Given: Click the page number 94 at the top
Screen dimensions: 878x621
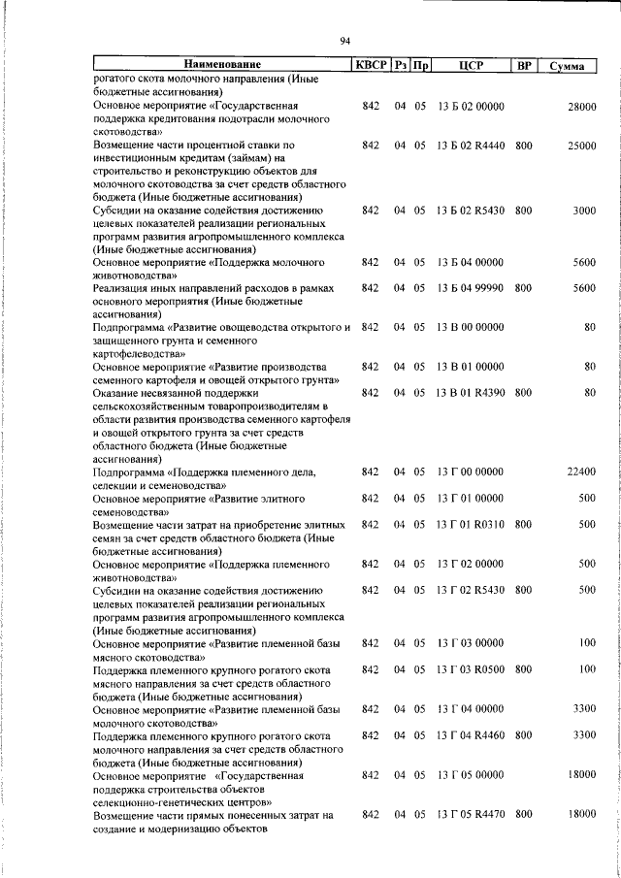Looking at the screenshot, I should pyautogui.click(x=344, y=40).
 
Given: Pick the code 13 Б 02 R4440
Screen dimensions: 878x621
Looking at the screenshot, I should pyautogui.click(x=471, y=145).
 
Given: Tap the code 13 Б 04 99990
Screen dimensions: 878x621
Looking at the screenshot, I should pyautogui.click(x=471, y=288).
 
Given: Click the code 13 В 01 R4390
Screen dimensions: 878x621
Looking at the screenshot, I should pyautogui.click(x=471, y=393).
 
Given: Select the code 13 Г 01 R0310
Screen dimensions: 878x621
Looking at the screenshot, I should pyautogui.click(x=471, y=524).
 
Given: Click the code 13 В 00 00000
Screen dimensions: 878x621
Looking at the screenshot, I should pyautogui.click(x=471, y=328).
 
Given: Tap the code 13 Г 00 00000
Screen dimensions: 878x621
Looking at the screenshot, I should pyautogui.click(x=471, y=472).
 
